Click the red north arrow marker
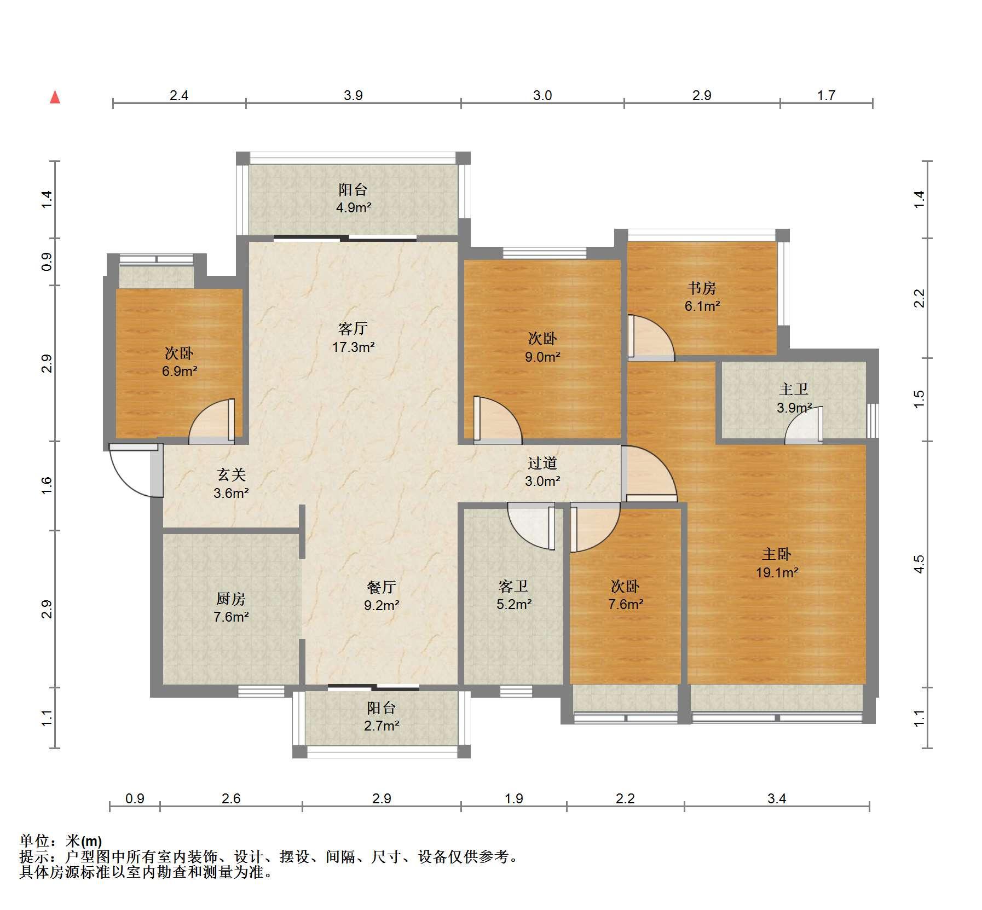55,97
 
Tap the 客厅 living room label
353,328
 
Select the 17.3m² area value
353,346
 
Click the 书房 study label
702,288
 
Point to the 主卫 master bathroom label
794,390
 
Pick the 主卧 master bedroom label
776,554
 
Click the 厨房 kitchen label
231,599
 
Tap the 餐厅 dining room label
382,587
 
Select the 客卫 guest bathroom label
513,587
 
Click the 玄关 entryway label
231,475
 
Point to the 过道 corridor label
542,463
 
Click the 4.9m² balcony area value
354,207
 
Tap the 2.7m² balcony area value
382,726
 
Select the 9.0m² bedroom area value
542,357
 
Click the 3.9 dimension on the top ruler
353,95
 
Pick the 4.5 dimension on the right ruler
919,564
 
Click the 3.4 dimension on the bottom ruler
776,798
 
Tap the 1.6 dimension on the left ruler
47,485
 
